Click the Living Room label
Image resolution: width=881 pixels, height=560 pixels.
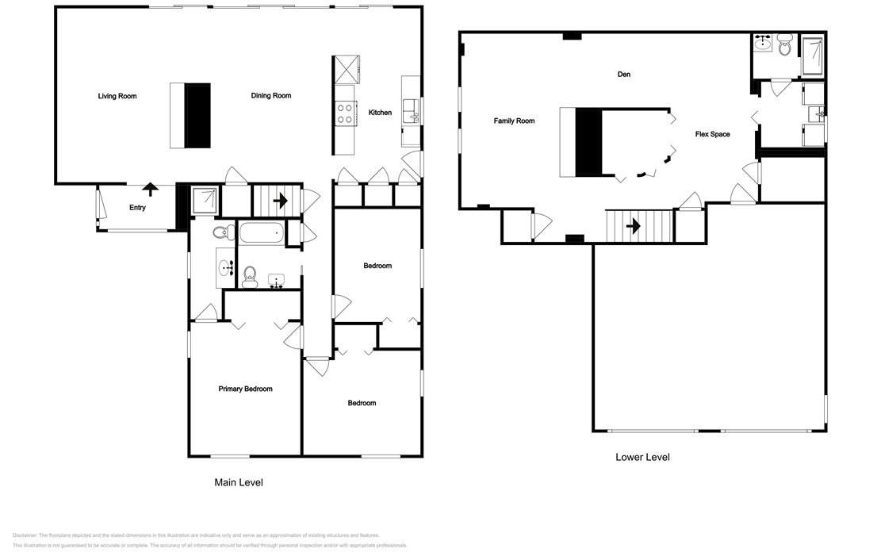[x=117, y=96]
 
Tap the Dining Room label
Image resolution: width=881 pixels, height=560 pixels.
[x=271, y=96]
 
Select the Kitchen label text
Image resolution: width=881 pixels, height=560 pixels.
[x=380, y=113]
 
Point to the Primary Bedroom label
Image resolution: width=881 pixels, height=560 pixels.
[x=245, y=389]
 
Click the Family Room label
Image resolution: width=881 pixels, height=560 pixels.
[x=514, y=121]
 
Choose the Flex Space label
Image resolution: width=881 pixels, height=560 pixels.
[x=712, y=134]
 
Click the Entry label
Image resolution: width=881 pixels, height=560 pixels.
[x=138, y=208]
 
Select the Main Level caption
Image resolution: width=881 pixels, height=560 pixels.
[x=239, y=482]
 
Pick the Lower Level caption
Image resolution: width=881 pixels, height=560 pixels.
[x=642, y=458]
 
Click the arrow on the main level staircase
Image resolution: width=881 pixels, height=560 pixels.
[x=279, y=201]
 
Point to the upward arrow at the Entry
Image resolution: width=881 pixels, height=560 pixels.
[x=149, y=189]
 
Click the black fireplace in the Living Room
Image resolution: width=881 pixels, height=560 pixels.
[x=197, y=116]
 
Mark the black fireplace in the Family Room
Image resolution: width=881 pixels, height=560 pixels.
[x=588, y=143]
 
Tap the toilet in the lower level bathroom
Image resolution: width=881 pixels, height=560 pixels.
[x=785, y=48]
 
